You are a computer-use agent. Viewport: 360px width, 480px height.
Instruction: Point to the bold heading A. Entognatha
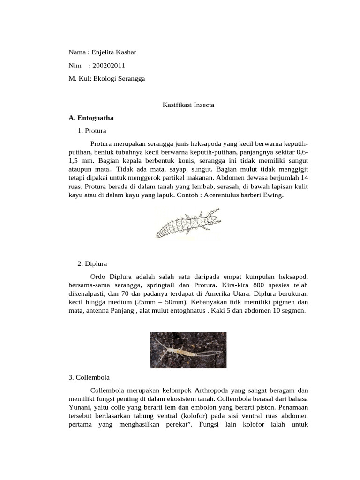(x=91, y=118)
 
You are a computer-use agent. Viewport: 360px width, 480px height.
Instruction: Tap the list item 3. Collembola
(x=89, y=377)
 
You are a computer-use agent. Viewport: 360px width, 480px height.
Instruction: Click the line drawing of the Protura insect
(x=187, y=225)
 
